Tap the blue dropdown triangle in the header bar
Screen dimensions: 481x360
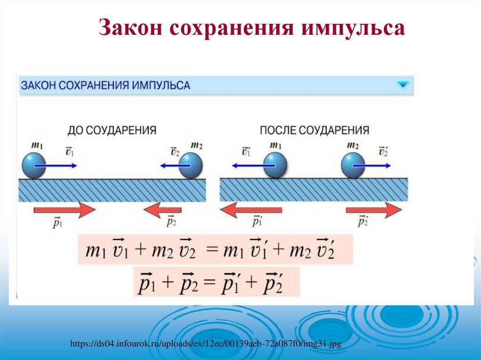click(403, 85)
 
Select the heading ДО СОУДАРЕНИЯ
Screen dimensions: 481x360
click(112, 130)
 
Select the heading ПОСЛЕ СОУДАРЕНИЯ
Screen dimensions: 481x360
click(314, 130)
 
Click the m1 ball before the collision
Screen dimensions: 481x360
click(34, 166)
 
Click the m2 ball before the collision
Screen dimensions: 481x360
click(191, 166)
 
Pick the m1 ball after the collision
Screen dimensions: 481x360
click(275, 166)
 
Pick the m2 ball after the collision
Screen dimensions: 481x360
click(353, 166)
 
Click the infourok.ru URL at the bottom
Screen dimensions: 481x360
click(205, 345)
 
